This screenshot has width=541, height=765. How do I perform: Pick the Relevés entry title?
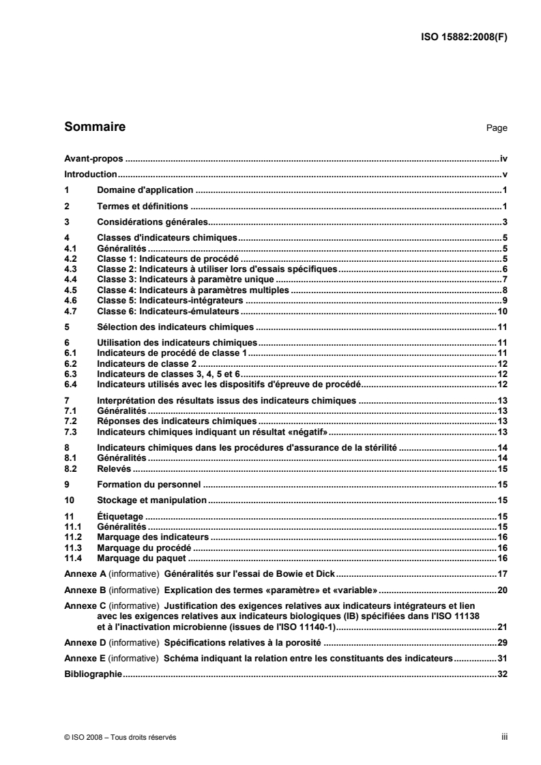point(114,470)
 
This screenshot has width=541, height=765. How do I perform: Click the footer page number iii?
point(504,736)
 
